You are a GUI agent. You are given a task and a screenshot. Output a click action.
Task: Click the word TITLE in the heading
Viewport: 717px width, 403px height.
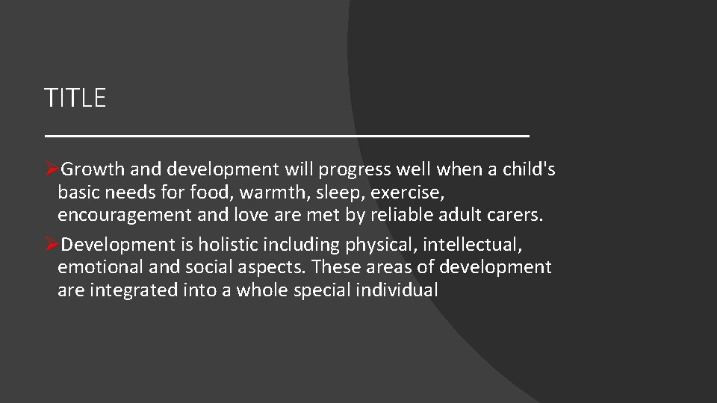pos(75,98)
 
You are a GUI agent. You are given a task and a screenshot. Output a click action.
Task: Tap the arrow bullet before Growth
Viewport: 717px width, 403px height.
pos(52,170)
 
